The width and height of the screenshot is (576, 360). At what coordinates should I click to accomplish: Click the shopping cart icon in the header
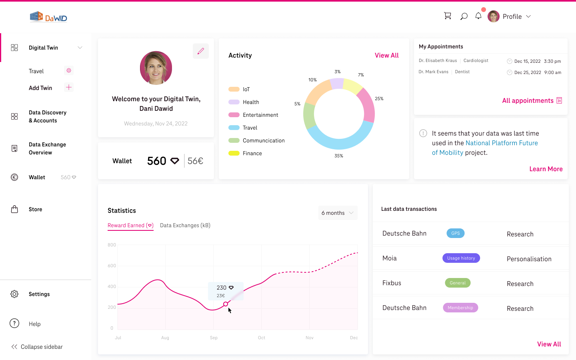[448, 16]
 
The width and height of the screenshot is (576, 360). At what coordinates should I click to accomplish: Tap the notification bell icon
[478, 16]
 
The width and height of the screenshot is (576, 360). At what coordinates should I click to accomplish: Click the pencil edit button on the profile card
[201, 51]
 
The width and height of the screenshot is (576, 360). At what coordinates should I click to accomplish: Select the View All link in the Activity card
[386, 55]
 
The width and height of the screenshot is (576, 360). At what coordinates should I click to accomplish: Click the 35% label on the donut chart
[339, 156]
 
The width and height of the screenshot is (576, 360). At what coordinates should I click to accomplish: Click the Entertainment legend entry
[260, 115]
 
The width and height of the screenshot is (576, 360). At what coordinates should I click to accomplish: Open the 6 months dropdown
[338, 213]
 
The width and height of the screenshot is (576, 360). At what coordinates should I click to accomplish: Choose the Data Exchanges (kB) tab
[185, 225]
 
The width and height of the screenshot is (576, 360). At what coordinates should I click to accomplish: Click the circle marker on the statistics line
[226, 304]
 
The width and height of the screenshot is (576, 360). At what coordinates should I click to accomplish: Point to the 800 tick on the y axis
[112, 245]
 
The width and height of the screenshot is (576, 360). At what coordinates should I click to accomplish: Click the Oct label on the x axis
[262, 338]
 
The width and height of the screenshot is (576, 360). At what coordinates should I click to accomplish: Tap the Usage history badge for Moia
[461, 258]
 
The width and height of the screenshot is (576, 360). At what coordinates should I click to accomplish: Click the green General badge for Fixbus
[458, 283]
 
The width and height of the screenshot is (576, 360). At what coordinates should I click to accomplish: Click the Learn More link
[546, 169]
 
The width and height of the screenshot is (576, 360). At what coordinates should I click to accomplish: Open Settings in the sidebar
[39, 294]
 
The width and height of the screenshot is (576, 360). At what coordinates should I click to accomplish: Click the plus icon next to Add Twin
[69, 88]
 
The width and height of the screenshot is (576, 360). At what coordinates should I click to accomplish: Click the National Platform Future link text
[502, 143]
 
